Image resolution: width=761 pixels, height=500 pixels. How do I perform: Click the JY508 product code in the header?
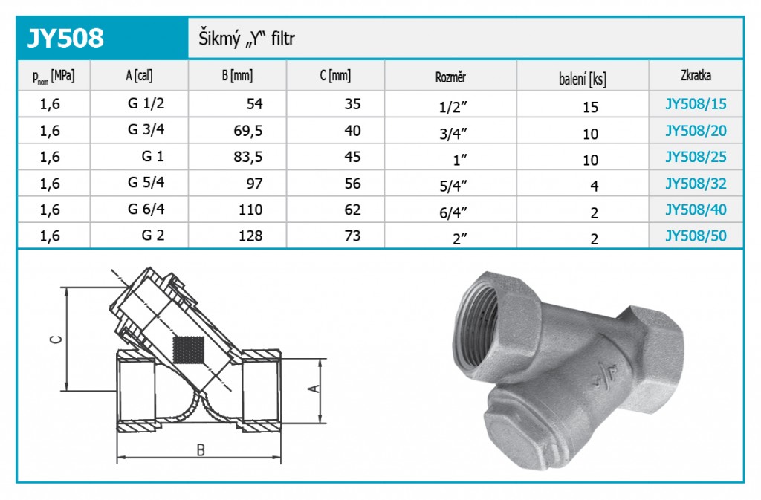65,38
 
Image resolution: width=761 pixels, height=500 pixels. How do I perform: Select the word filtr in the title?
283,39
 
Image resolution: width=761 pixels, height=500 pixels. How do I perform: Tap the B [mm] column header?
237,76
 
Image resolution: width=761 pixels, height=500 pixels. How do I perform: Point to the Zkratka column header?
696,76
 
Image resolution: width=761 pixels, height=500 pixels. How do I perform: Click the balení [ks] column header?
583,79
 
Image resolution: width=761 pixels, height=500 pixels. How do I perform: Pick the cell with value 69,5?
248,131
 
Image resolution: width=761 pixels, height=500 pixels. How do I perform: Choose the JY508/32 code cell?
696,184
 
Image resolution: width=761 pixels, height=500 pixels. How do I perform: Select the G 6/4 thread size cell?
146,209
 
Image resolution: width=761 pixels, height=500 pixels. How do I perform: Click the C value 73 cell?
352,236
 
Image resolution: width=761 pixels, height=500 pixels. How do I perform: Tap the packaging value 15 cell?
590,107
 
